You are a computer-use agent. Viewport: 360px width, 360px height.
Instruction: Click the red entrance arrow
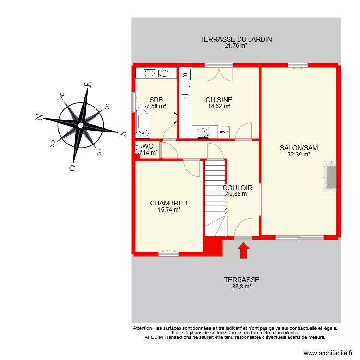(x=244, y=251)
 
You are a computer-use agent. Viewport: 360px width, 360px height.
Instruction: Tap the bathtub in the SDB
(x=143, y=123)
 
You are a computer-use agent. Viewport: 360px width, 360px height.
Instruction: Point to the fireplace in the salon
(x=330, y=176)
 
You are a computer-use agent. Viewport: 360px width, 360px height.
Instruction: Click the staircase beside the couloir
(x=215, y=197)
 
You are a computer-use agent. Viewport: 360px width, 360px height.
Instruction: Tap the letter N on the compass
(x=37, y=116)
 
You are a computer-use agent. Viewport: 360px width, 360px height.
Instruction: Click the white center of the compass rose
(x=81, y=125)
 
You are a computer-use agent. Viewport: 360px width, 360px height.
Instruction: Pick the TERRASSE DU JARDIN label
(x=236, y=39)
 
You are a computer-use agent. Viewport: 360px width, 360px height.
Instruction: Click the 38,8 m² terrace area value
(x=241, y=287)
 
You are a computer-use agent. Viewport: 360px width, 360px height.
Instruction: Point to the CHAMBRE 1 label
(x=168, y=203)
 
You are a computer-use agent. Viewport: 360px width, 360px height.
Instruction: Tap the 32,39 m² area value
(x=299, y=155)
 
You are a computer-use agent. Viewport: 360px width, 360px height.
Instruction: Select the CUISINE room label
(x=219, y=100)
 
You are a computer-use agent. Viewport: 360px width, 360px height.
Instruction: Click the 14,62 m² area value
(x=219, y=106)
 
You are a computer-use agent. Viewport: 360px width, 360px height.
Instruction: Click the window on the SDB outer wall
(x=133, y=102)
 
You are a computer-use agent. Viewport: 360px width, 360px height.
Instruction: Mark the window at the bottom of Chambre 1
(x=168, y=252)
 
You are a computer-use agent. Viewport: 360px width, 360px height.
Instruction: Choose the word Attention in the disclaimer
(x=144, y=328)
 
